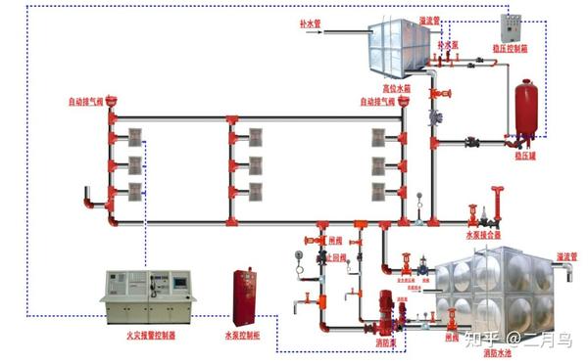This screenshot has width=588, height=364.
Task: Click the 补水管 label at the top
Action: (x=313, y=22)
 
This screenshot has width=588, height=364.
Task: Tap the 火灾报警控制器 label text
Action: (x=148, y=336)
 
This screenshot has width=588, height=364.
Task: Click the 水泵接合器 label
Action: (x=483, y=235)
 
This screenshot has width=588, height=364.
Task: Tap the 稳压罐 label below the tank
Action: (x=527, y=155)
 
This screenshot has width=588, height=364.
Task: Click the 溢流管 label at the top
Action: (x=428, y=19)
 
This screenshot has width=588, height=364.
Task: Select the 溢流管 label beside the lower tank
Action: (x=566, y=256)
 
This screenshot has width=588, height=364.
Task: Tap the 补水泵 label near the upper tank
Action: (x=448, y=44)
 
